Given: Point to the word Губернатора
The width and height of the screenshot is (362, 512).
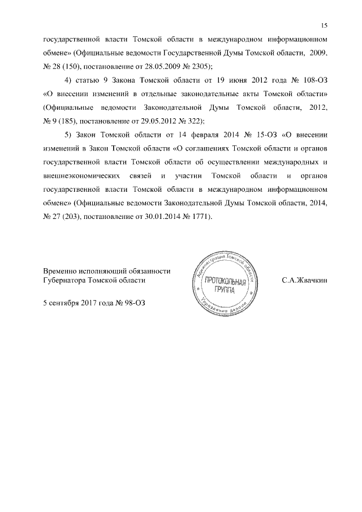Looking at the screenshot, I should (66, 279).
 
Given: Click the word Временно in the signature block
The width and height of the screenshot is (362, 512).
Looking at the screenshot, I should (62, 270).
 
